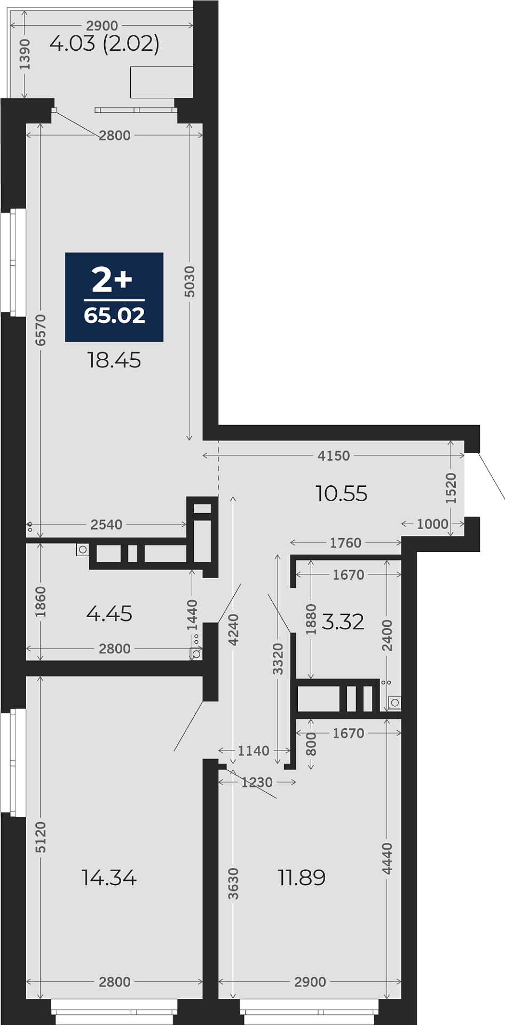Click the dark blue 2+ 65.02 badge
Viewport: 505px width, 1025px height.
click(114, 297)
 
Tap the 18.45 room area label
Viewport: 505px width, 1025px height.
click(114, 360)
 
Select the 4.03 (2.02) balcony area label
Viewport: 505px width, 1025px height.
click(105, 43)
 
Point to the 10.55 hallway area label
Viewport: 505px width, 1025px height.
click(342, 494)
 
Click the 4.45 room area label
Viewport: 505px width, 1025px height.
click(109, 614)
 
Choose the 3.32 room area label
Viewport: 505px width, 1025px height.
click(343, 621)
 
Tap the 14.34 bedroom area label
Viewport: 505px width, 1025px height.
click(109, 878)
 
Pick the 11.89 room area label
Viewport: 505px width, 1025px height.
click(302, 878)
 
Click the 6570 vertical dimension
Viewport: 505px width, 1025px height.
click(41, 330)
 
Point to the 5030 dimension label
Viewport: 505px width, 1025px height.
click(190, 281)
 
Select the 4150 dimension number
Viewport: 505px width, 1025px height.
click(334, 455)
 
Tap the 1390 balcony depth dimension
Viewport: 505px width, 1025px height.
click(25, 54)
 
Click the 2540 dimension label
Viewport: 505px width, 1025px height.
click(107, 524)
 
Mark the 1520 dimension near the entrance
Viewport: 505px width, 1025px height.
click(451, 488)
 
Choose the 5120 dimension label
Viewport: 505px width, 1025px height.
click(41, 837)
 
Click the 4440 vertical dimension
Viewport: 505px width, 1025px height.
click(388, 858)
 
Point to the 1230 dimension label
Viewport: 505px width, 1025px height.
click(257, 782)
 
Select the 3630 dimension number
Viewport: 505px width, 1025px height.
click(233, 884)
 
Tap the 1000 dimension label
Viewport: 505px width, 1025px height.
click(432, 524)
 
